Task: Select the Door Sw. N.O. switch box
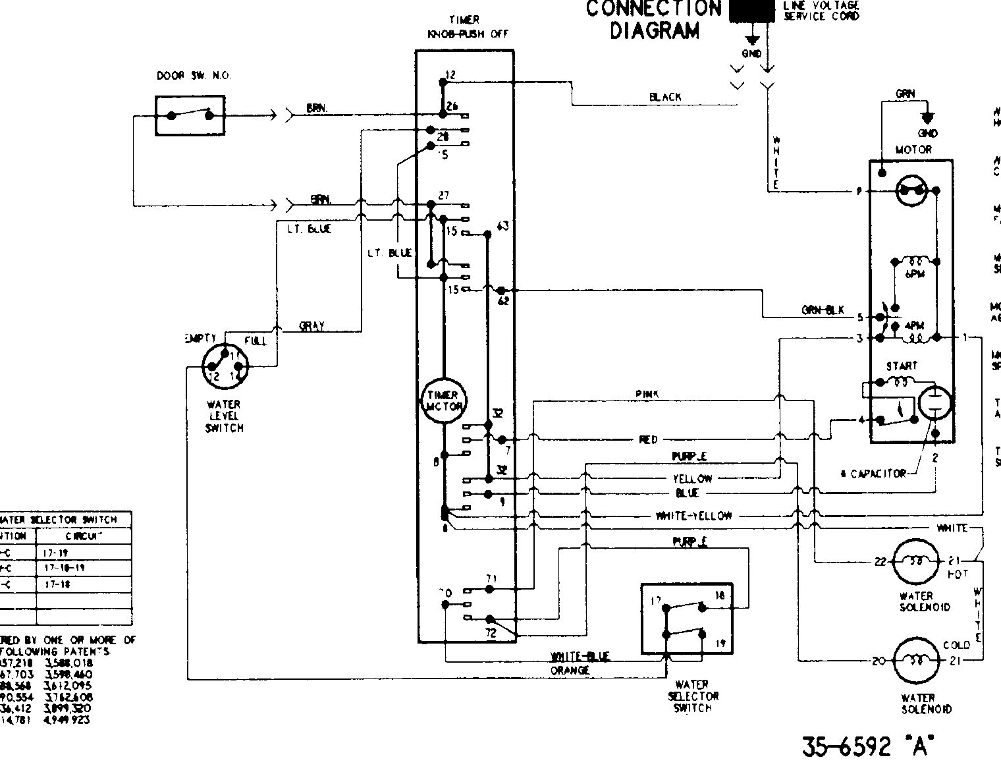click(190, 115)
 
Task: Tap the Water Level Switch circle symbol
click(225, 366)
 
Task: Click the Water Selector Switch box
click(686, 619)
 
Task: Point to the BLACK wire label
click(665, 97)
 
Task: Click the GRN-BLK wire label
click(822, 311)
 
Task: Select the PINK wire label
click(647, 394)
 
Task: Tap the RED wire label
click(648, 440)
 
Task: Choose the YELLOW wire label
click(691, 479)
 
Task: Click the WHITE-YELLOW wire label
click(693, 516)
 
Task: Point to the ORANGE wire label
click(570, 671)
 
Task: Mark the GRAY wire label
click(311, 326)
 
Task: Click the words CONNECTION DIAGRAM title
click(653, 20)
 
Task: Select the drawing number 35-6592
click(845, 746)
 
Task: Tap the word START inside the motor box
click(901, 366)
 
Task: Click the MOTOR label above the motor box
click(913, 150)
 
